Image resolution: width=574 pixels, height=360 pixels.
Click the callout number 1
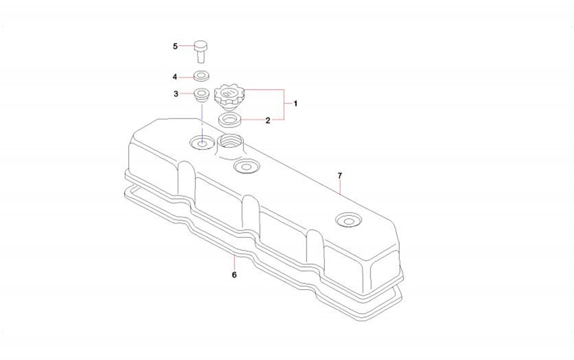point(295,104)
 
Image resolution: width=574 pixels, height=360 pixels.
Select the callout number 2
point(268,120)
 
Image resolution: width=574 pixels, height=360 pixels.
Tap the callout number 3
point(176,94)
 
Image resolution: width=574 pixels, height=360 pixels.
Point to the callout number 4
point(175,77)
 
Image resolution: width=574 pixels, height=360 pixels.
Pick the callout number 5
point(175,47)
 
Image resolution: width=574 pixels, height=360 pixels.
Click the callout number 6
point(234,274)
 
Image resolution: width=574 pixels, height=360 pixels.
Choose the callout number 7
point(340,176)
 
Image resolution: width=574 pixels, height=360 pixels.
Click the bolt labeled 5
point(200,52)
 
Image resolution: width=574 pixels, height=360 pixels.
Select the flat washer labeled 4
point(201,76)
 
